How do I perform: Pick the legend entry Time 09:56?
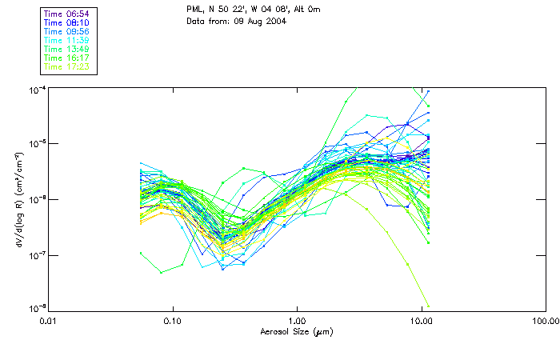[67, 32]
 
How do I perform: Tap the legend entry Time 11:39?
[67, 41]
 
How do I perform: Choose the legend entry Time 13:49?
[67, 50]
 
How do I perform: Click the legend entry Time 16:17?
[67, 58]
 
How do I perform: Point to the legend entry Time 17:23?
[67, 67]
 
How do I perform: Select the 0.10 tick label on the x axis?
[172, 321]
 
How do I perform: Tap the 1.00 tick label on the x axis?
[297, 321]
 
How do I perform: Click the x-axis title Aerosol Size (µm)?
[297, 331]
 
